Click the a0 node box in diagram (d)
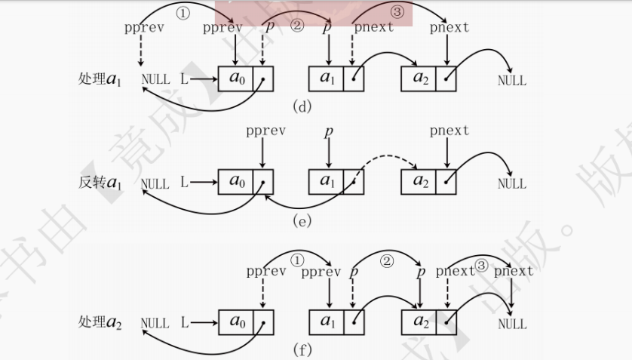tap(236, 78)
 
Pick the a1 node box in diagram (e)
tap(327, 182)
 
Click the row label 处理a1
tap(100, 79)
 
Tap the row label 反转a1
tap(100, 183)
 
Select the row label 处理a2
tap(100, 322)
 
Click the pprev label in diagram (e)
tap(262, 131)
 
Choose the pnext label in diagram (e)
tap(449, 131)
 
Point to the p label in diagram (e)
tap(328, 132)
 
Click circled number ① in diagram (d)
tap(183, 12)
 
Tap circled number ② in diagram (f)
tap(386, 261)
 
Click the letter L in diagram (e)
tap(185, 183)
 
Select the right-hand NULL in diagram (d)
tap(512, 80)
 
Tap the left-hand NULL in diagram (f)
tap(155, 323)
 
